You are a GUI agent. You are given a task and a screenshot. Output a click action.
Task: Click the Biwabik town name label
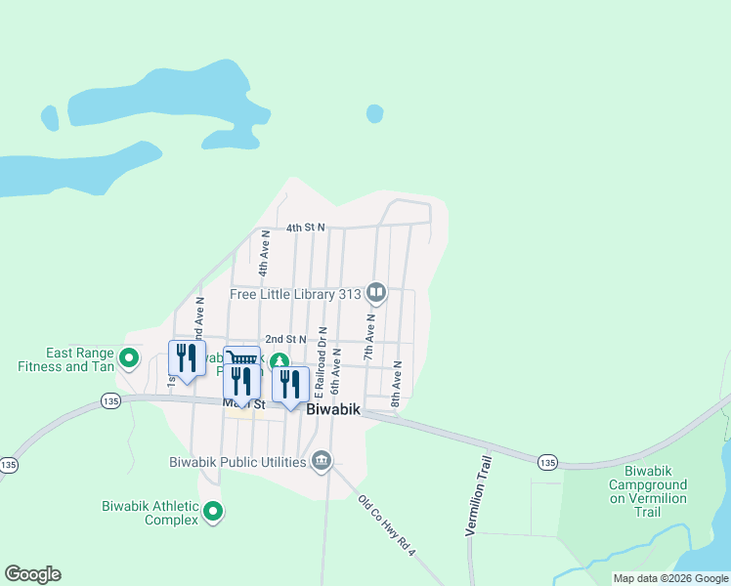334,411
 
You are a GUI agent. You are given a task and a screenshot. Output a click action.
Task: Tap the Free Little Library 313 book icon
376,293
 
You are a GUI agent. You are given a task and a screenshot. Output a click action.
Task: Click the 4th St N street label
305,228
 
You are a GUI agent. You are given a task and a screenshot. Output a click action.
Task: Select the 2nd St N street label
286,339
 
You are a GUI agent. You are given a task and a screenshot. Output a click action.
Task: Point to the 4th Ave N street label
263,253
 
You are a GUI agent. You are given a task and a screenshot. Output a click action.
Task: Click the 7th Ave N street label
370,338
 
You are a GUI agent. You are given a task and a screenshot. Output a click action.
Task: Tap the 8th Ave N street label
397,384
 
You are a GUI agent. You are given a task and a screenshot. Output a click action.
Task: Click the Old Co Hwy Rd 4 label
387,527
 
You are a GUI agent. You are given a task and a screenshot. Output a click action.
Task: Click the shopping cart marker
240,359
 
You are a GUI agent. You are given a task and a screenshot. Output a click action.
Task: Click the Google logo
32,574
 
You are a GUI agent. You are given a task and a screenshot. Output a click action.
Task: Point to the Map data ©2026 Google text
670,578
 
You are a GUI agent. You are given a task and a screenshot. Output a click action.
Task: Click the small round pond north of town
374,114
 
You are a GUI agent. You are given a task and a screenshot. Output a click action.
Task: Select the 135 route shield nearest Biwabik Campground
546,461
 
